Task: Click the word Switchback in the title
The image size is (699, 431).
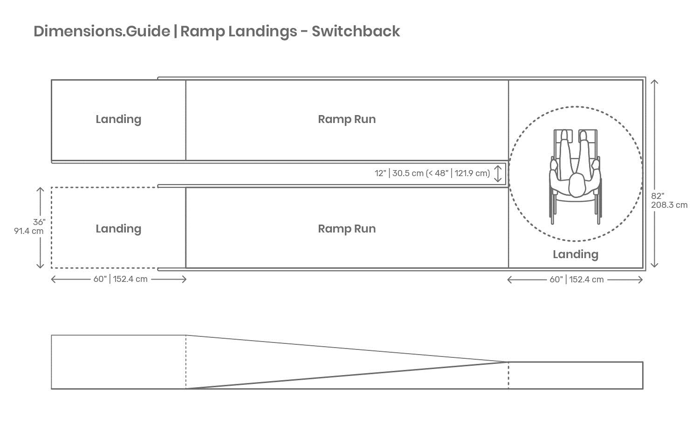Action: coord(356,31)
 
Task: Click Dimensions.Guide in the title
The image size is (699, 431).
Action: coord(102,31)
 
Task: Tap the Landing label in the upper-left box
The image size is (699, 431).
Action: coord(118,119)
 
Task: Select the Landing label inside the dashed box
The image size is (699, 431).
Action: coord(118,229)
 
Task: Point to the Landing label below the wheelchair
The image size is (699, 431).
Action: coord(576,254)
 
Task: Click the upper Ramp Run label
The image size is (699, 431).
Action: coord(347,119)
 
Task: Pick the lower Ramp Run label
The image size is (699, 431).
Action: coord(347,229)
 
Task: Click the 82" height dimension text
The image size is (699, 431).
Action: coord(658,196)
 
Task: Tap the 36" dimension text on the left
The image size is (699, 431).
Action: coord(39,222)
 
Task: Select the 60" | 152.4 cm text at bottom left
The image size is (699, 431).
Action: coord(120,279)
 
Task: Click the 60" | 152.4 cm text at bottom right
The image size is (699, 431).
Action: coord(576,280)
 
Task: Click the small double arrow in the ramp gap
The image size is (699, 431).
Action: coord(498,173)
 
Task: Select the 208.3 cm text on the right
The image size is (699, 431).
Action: coord(669,205)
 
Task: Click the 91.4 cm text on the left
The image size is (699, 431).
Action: coord(29,231)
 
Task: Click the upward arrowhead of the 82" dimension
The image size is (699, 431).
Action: coord(654,82)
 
